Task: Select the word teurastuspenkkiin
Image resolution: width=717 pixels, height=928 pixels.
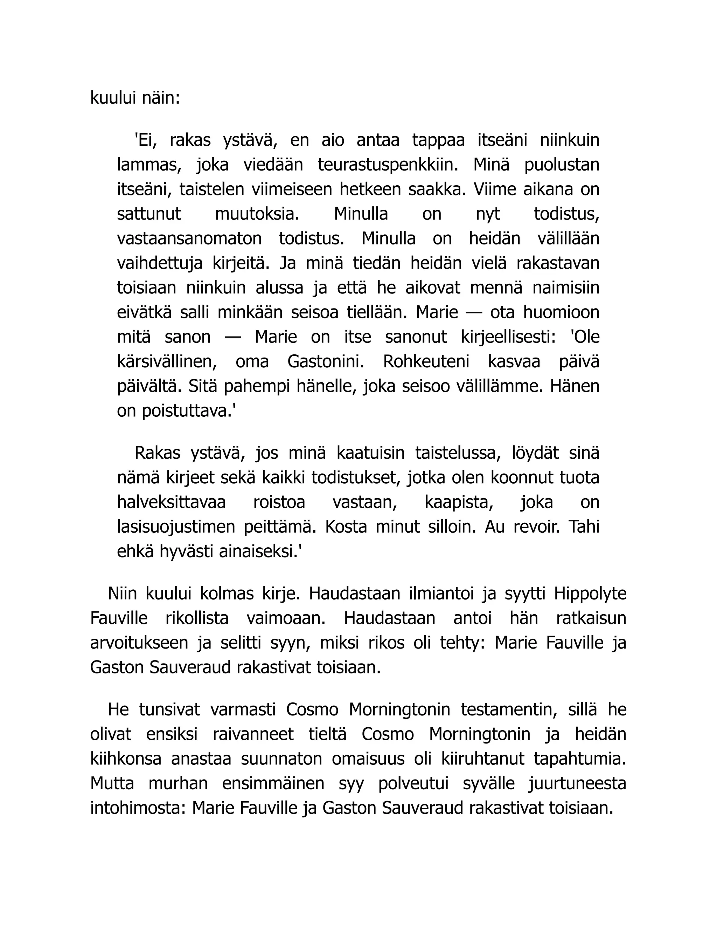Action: pyautogui.click(x=388, y=165)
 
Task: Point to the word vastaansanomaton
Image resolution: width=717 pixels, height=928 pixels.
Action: pyautogui.click(x=189, y=238)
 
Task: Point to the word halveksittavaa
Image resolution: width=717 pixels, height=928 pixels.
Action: pyautogui.click(x=172, y=502)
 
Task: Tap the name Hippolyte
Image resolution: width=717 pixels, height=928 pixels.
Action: pyautogui.click(x=590, y=594)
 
